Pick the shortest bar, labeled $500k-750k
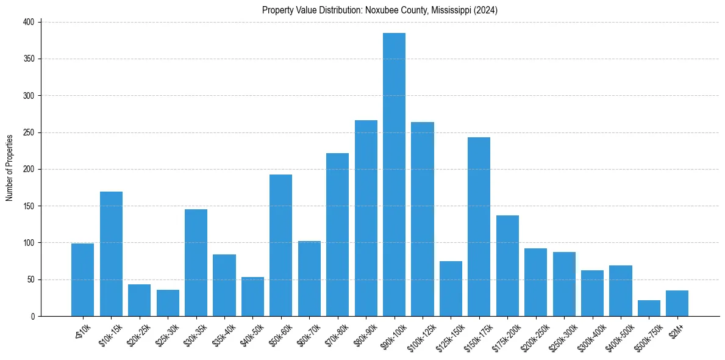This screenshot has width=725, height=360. click(649, 308)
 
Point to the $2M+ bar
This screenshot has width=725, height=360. click(677, 303)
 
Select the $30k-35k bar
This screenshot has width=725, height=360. click(196, 262)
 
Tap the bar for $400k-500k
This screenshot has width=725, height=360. click(620, 290)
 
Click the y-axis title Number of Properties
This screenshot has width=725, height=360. click(9, 168)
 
